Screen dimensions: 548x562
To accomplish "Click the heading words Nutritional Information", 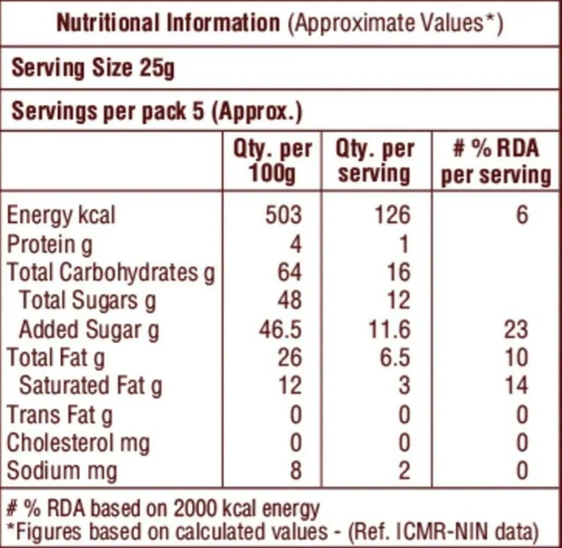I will point(169,23).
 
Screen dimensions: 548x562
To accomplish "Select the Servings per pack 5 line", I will point(155,112).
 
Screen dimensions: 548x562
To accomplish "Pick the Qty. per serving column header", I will point(374,160).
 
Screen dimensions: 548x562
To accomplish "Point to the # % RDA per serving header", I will point(496,160).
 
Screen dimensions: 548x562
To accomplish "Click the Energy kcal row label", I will point(61,215).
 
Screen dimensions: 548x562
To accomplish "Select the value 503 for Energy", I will point(284,215).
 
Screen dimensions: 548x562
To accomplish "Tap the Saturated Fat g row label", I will point(91,385).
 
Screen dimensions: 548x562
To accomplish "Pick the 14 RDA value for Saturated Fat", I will point(514,385).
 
